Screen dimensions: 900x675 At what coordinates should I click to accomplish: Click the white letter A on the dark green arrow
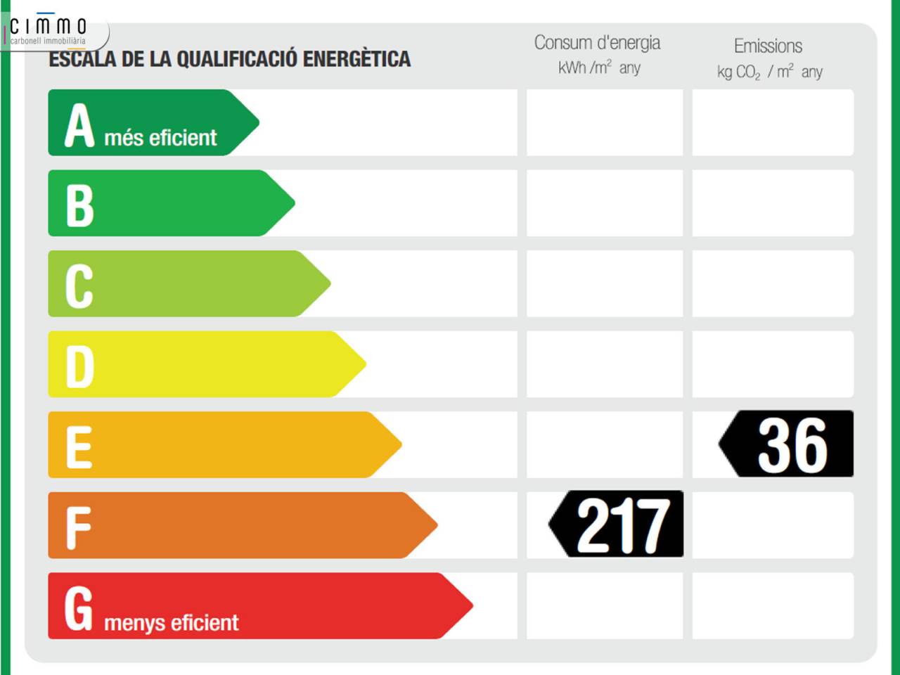pos(79,125)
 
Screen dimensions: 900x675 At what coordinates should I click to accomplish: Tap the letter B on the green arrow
pos(80,206)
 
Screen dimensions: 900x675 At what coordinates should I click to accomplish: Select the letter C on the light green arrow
pos(79,286)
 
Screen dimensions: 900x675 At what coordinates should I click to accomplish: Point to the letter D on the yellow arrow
pos(80,366)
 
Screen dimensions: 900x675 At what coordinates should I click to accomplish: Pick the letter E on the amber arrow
pos(79,447)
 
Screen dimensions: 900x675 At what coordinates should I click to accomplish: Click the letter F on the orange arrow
pos(78,528)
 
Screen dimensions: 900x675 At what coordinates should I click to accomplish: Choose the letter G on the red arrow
pos(78,608)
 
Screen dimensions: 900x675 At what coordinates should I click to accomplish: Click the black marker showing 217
pos(616,524)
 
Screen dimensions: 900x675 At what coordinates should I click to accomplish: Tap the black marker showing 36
pos(786,444)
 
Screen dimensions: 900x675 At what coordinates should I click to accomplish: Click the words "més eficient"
pos(160,138)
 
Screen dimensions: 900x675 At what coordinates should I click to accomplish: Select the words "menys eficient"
pos(172,623)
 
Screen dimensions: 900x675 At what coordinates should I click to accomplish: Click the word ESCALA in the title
pos(83,58)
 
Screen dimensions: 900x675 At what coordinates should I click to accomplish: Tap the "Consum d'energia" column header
pos(597,43)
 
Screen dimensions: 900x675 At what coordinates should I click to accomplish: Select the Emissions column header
pos(768,46)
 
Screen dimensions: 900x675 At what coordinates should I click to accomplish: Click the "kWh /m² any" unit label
pos(599,67)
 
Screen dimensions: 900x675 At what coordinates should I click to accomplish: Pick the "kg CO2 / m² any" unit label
pos(770,72)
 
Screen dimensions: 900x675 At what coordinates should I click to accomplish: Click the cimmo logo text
pos(48,26)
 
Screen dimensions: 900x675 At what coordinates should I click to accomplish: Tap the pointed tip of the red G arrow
pos(472,605)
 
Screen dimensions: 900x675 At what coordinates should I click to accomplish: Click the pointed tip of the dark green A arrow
pos(259,122)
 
